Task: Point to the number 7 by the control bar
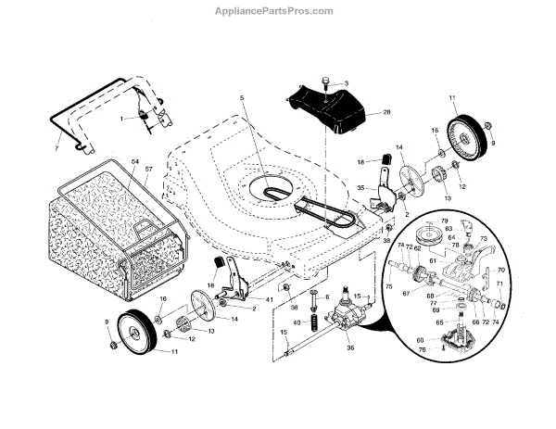(56, 149)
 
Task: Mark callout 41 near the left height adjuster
(270, 299)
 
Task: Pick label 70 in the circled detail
(501, 270)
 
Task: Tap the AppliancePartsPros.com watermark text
(277, 11)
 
